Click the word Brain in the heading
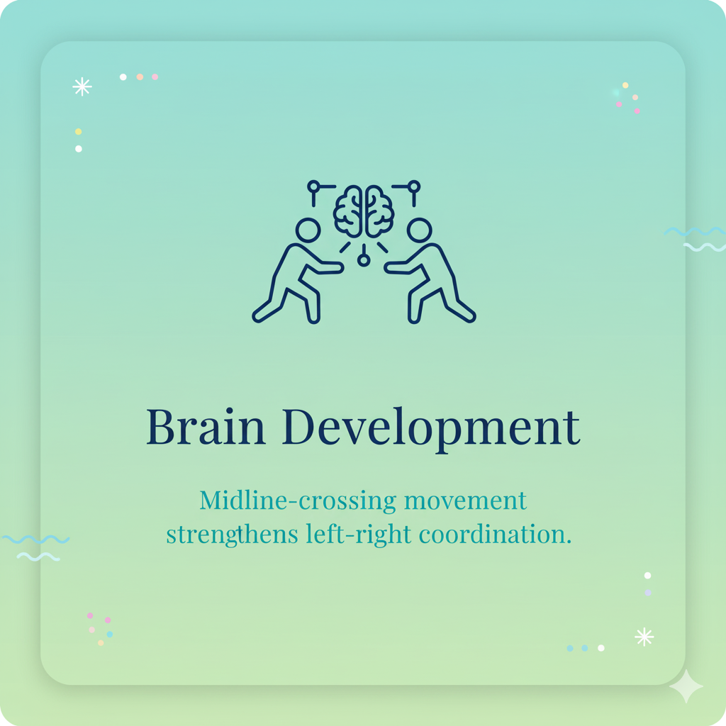[206, 427]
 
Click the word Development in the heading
[431, 428]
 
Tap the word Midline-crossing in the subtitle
[297, 501]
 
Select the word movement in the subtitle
[465, 501]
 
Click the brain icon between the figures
[364, 211]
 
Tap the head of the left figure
[308, 230]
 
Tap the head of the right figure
[420, 230]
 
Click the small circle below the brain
[364, 260]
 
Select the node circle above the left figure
[313, 186]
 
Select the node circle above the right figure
[414, 186]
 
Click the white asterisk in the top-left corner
[82, 86]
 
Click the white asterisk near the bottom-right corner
[644, 637]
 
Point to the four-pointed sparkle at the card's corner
[686, 686]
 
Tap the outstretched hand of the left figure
[337, 268]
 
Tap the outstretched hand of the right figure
[390, 268]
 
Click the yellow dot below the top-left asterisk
[78, 132]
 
